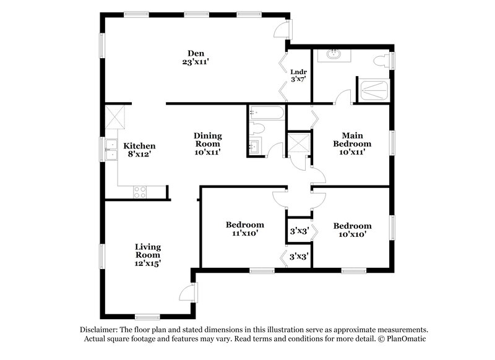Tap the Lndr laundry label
[298, 71]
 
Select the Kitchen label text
[139, 146]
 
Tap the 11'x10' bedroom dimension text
[244, 234]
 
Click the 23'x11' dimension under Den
[196, 62]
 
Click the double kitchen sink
[111, 150]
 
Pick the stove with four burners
[140, 192]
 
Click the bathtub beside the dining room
[267, 114]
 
